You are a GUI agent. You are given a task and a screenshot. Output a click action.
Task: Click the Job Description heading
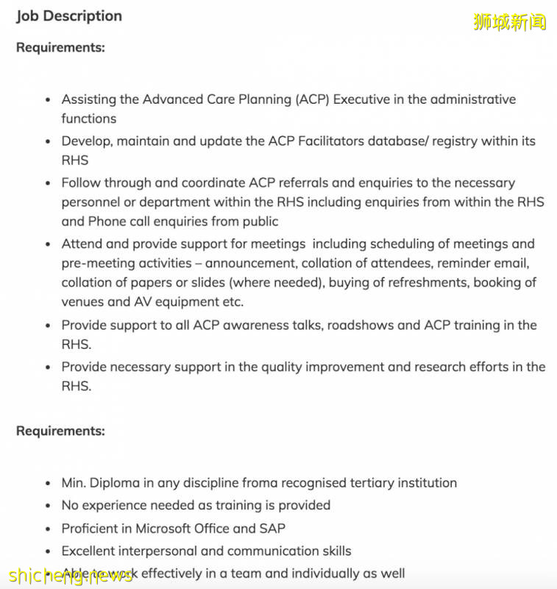[69, 15]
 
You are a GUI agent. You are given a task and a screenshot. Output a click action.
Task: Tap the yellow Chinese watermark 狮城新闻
[510, 22]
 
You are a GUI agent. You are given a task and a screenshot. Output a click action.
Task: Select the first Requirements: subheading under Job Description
[60, 47]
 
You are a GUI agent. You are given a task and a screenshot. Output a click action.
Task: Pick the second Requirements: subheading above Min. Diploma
[60, 431]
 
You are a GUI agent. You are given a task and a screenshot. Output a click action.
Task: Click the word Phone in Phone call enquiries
[107, 221]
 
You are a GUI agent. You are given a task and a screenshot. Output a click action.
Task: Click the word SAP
[272, 529]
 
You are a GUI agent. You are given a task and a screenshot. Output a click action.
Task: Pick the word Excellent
[92, 551]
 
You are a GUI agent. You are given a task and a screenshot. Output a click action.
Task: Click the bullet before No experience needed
[48, 507]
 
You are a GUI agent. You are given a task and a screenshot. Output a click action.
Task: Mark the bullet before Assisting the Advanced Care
[48, 100]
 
